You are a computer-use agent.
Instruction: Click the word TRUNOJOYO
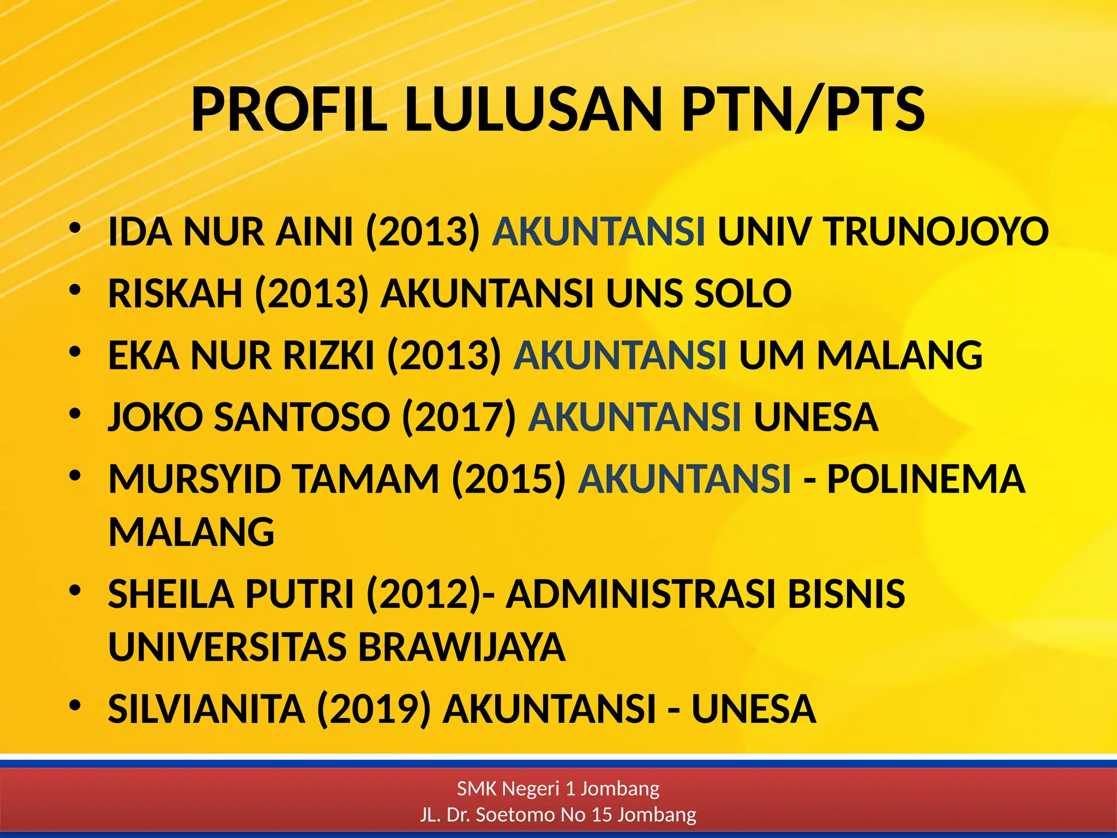936,231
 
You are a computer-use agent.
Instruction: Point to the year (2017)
459,417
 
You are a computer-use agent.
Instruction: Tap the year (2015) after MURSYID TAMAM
509,479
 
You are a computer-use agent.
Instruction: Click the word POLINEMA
926,479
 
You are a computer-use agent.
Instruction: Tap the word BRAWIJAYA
461,647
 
